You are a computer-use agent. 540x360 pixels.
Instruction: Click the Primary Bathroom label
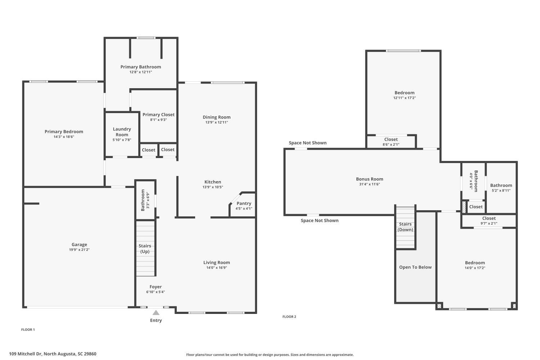pyautogui.click(x=140, y=67)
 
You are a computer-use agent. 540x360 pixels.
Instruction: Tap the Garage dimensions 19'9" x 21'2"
pyautogui.click(x=79, y=250)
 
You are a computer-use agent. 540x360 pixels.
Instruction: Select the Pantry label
pyautogui.click(x=244, y=203)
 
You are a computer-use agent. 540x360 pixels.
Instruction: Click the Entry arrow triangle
pyautogui.click(x=156, y=312)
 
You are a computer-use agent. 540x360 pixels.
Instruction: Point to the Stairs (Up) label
pyautogui.click(x=145, y=249)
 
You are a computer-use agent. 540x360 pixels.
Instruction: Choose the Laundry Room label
pyautogui.click(x=122, y=132)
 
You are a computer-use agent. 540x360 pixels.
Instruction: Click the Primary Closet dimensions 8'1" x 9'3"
pyautogui.click(x=158, y=120)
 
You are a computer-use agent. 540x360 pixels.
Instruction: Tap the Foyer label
pyautogui.click(x=156, y=287)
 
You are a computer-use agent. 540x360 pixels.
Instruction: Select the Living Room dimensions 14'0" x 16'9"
pyautogui.click(x=216, y=268)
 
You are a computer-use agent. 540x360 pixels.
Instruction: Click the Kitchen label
pyautogui.click(x=213, y=182)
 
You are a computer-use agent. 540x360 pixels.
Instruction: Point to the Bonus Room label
pyautogui.click(x=369, y=179)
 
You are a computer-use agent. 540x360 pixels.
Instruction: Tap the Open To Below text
pyautogui.click(x=415, y=267)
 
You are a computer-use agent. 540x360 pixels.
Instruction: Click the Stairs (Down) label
pyautogui.click(x=405, y=227)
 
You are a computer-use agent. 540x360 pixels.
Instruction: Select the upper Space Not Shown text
pyautogui.click(x=307, y=143)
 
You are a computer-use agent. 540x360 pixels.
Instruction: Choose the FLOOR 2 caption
pyautogui.click(x=289, y=317)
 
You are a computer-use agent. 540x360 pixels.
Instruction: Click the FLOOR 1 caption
pyautogui.click(x=28, y=330)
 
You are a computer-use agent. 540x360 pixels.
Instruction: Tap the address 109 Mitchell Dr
pyautogui.click(x=53, y=354)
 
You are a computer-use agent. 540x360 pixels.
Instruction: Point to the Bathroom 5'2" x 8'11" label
pyautogui.click(x=501, y=185)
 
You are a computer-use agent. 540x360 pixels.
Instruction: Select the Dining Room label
pyautogui.click(x=216, y=117)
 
